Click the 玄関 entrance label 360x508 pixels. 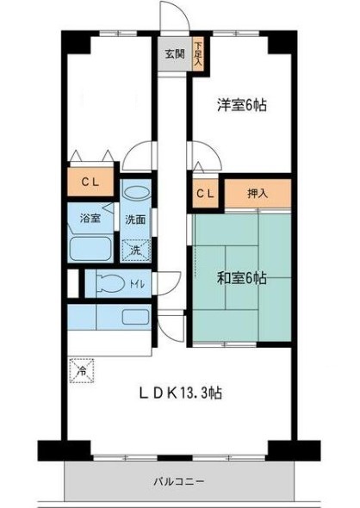click(x=175, y=54)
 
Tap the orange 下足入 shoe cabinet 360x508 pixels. click(x=198, y=54)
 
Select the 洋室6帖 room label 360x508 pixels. click(x=240, y=106)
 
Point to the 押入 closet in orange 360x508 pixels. click(x=258, y=194)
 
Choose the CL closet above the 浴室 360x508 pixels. click(x=90, y=183)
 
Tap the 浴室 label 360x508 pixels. click(x=90, y=218)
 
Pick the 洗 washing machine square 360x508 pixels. click(x=137, y=250)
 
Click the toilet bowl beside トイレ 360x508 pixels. click(x=109, y=282)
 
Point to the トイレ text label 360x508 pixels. click(x=136, y=282)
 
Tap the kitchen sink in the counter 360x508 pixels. click(x=135, y=316)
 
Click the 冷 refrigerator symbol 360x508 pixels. click(x=80, y=372)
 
